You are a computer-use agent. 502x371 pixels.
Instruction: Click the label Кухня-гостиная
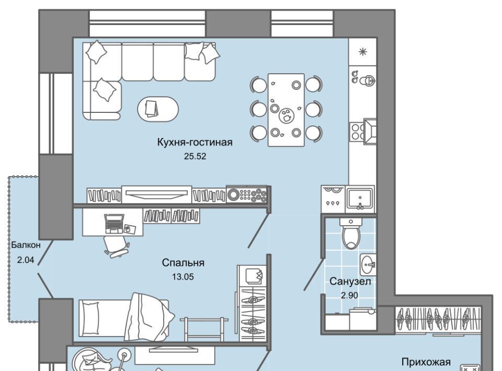coord(195,142)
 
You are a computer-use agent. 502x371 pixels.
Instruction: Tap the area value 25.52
coord(195,156)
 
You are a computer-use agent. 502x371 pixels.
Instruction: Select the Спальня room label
coord(183,263)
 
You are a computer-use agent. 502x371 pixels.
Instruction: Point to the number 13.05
coord(183,277)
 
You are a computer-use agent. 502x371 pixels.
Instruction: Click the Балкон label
coord(26,245)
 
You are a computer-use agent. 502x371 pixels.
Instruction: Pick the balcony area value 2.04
coord(26,260)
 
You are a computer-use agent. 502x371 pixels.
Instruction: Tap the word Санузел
coord(350,282)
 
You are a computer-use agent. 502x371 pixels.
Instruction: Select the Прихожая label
coord(426,362)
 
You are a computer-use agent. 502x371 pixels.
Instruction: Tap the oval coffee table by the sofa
coord(158,109)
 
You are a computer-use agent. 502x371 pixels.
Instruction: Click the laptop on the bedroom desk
coord(114,223)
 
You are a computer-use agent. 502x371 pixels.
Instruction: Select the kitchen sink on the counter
coord(360,198)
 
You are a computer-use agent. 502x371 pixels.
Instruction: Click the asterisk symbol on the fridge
coord(363,52)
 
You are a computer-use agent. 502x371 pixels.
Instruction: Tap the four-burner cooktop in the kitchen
coord(356,132)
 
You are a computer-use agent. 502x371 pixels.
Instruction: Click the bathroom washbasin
coord(368,265)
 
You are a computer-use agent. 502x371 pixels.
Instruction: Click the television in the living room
coord(156,193)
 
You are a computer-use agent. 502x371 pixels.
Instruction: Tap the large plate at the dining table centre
coord(286,115)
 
